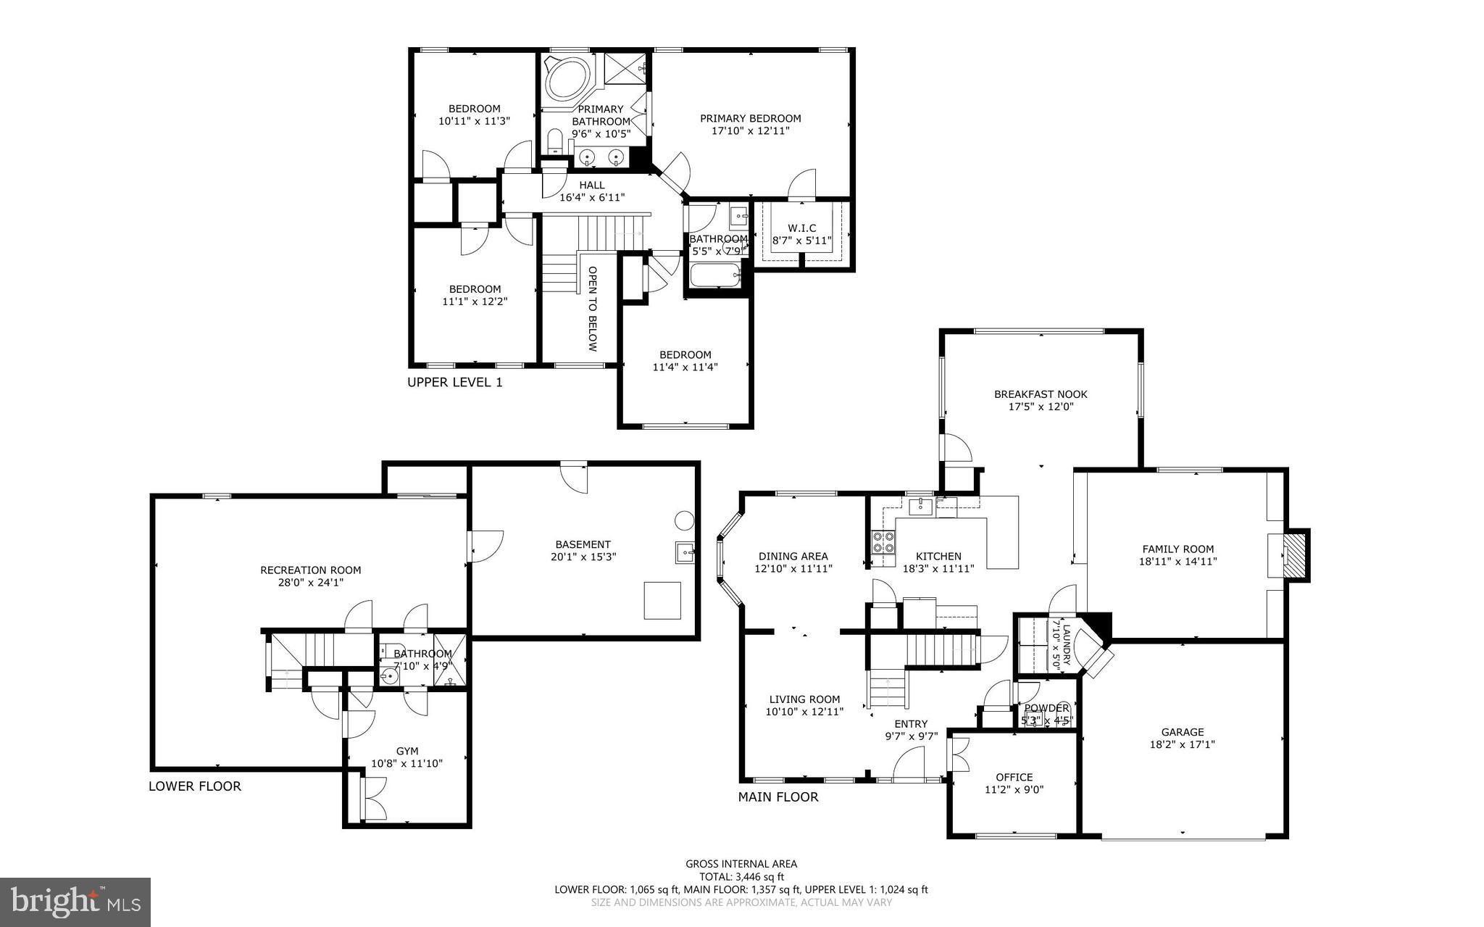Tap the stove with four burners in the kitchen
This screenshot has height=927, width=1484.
click(883, 542)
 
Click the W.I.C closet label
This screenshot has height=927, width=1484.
click(801, 228)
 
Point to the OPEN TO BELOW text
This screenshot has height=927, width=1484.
click(592, 309)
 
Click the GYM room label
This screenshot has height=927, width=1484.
click(407, 751)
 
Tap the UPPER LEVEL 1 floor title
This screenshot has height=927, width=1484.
click(454, 382)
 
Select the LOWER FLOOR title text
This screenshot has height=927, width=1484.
click(194, 786)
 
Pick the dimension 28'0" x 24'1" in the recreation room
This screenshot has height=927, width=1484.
click(310, 582)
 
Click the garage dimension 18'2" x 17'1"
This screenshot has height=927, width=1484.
click(1182, 744)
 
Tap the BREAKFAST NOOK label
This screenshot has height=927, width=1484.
click(1040, 394)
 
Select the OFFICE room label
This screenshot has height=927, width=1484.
click(1014, 777)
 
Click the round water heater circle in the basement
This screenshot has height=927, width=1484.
click(683, 520)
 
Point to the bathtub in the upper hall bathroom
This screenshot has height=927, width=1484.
click(714, 275)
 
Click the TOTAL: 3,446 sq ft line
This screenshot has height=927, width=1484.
click(741, 876)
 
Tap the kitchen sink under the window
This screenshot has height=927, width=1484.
click(921, 504)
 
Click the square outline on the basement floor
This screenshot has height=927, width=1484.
click(662, 600)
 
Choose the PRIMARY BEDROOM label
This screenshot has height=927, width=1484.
click(750, 118)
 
